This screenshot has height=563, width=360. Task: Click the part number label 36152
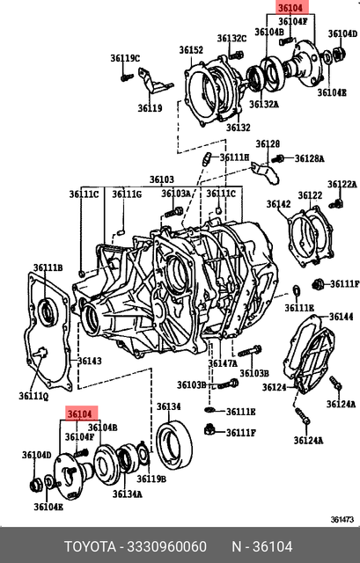pos(191,50)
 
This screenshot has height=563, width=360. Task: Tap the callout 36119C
pos(125,59)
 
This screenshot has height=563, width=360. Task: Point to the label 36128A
pos(309,158)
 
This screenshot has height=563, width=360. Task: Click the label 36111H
pos(235,157)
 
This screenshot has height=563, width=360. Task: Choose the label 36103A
pos(176,194)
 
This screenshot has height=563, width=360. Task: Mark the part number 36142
pos(278,204)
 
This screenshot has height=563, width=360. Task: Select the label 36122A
pos(342,185)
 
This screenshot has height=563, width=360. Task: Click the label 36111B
pos(48,267)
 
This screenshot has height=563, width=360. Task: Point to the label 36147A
pos(223,363)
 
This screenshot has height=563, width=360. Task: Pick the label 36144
pos(341,317)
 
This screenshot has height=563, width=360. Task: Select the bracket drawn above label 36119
pos(158,88)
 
